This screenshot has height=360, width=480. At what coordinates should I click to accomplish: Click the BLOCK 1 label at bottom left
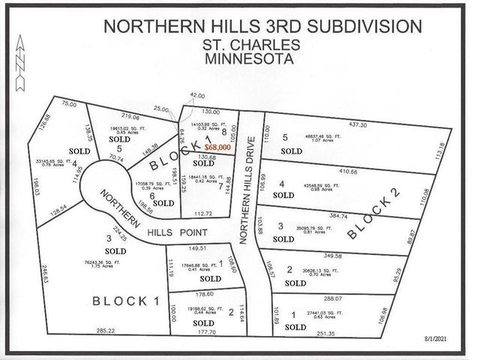(127, 301)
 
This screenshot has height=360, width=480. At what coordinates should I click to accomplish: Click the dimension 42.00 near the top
(197, 95)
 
